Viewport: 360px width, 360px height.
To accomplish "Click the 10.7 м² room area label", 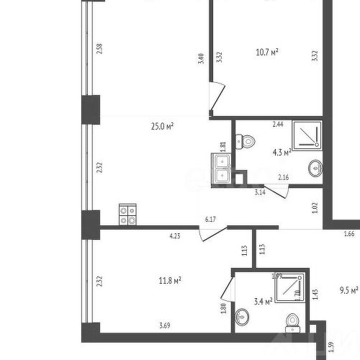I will click(x=267, y=52).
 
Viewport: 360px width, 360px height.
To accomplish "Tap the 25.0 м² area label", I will click(x=162, y=127).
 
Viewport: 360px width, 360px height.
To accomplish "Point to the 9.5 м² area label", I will click(x=348, y=292).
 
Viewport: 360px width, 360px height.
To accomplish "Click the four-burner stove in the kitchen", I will click(x=127, y=215).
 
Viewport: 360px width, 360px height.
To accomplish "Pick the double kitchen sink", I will click(x=220, y=167).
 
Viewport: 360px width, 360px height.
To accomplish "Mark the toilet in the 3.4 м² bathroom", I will click(x=292, y=322).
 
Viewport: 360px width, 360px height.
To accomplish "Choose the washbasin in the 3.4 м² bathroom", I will click(x=243, y=317).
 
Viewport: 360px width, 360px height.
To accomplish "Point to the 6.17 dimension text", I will click(x=210, y=219).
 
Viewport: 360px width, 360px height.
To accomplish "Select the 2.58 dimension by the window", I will click(x=100, y=50).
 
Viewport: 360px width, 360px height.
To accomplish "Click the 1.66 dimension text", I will click(x=350, y=233).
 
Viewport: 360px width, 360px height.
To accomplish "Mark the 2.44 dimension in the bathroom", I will click(x=277, y=125).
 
